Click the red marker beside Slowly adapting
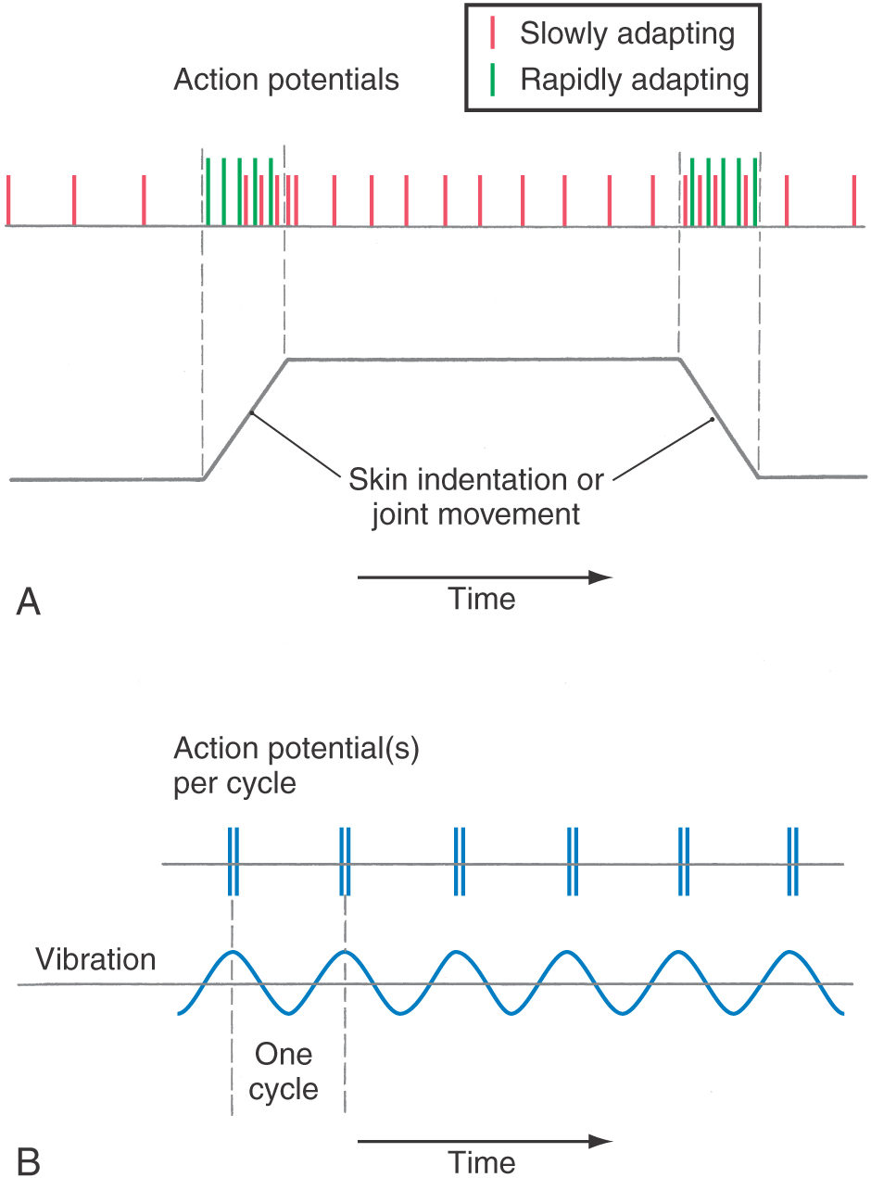tap(492, 32)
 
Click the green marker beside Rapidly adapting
tap(492, 80)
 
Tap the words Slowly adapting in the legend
tap(627, 34)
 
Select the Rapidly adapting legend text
tap(635, 81)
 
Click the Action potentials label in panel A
tap(286, 81)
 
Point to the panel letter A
tap(28, 602)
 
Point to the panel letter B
tap(28, 1162)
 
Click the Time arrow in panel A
tap(485, 577)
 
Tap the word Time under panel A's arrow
tap(481, 599)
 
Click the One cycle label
tap(284, 1071)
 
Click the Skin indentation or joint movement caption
tap(476, 497)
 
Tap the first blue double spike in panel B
tap(234, 861)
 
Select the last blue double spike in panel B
tap(792, 861)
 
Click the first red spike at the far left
tap(8, 200)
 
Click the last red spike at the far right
tap(854, 200)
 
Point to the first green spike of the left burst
tap(208, 192)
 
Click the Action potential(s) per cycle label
tap(297, 766)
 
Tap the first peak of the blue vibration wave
tap(232, 952)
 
